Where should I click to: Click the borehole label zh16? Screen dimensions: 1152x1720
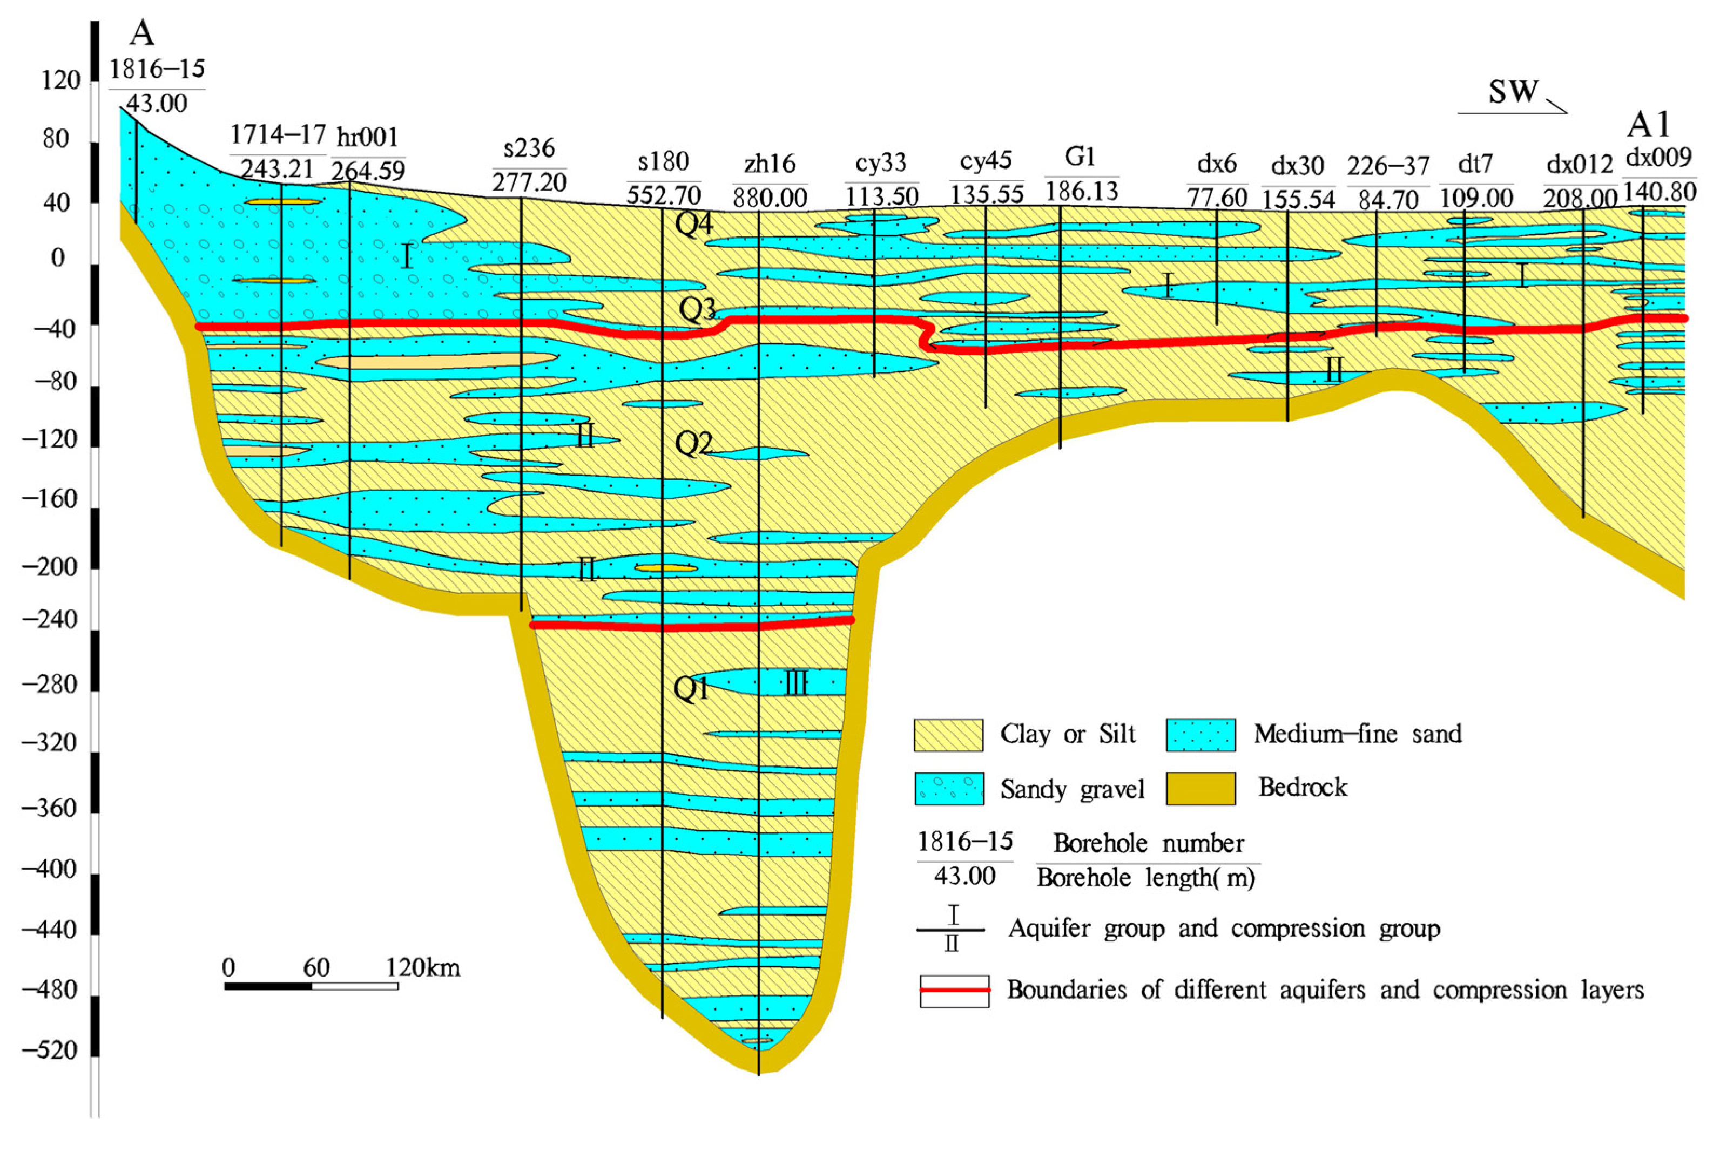(x=769, y=164)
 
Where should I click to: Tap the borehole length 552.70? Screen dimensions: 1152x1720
(x=663, y=195)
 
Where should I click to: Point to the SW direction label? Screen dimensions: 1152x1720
(x=1513, y=92)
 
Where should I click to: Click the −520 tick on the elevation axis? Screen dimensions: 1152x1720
(x=50, y=1051)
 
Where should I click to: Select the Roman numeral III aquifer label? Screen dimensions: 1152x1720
(x=796, y=683)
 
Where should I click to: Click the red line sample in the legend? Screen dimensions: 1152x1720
(x=954, y=991)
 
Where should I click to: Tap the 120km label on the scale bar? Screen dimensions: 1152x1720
(x=423, y=967)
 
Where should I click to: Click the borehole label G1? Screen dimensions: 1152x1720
(x=1080, y=157)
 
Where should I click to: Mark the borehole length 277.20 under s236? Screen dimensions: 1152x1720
(x=529, y=181)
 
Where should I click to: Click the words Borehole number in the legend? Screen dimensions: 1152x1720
(x=1148, y=843)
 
